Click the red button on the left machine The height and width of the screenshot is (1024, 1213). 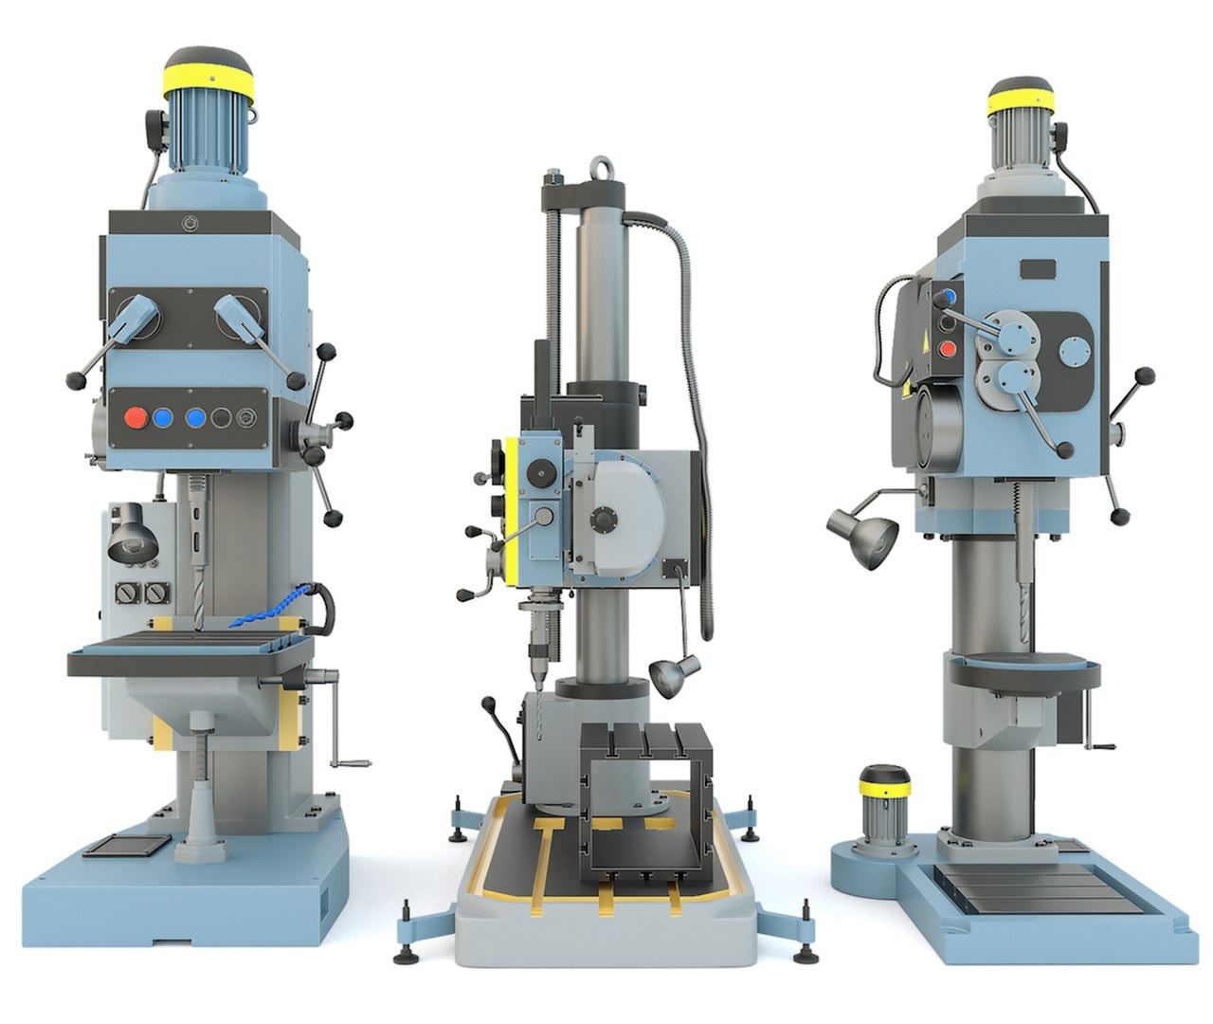[136, 417]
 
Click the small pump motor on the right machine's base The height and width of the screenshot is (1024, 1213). [884, 801]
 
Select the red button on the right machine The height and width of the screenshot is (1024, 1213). [946, 348]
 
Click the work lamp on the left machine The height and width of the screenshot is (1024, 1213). [131, 536]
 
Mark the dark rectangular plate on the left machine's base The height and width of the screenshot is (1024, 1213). [127, 844]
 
